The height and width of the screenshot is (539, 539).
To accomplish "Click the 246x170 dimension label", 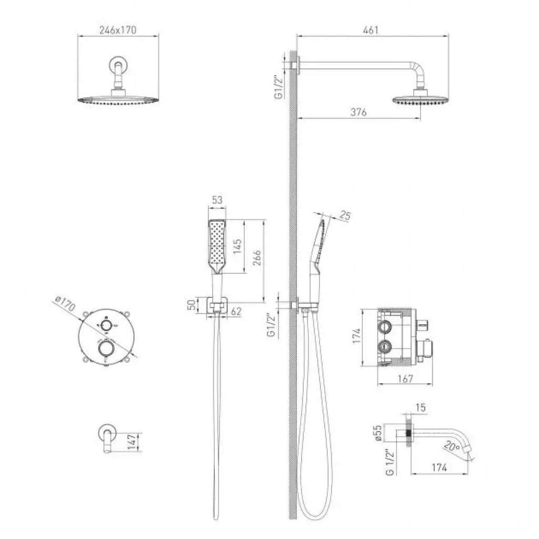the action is point(118,30).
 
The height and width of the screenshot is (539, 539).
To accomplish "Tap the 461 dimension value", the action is point(371,30).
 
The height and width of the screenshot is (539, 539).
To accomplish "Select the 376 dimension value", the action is point(358,112).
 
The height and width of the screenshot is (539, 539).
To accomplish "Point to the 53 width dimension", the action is point(217,199).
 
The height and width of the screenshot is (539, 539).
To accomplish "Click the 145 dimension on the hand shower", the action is point(237,246).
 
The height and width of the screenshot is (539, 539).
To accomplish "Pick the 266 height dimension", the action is point(257,258).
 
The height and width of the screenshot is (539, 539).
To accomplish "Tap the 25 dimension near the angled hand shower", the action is point(345,215).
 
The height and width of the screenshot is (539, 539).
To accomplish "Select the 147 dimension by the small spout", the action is point(132,442).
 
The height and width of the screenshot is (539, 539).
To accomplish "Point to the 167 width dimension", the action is point(405,378).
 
